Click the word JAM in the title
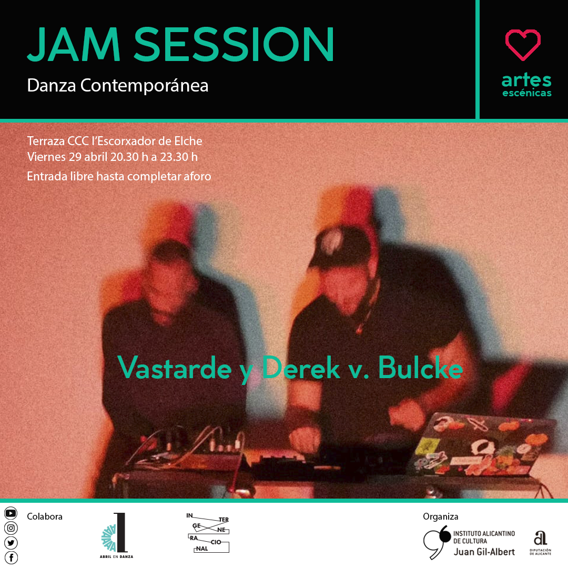coord(74,44)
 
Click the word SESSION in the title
coord(234,44)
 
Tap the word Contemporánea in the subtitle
coord(144,86)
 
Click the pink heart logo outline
coord(523,45)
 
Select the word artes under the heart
coord(526,80)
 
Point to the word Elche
coord(188,141)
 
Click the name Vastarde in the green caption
coord(175,368)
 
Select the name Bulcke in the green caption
coord(421,368)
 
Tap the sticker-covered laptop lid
coord(482,445)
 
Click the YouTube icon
coord(11,513)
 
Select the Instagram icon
coord(11,528)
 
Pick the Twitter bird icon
coord(11,543)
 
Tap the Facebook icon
coord(11,558)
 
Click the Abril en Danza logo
coord(117,535)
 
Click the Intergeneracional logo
coord(208,532)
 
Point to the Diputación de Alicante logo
coord(541,543)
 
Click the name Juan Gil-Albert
coord(484,552)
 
